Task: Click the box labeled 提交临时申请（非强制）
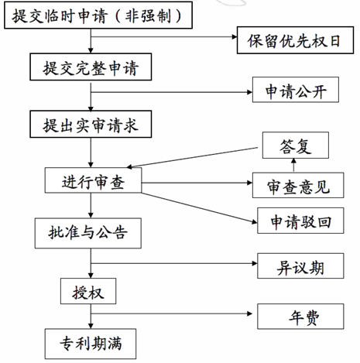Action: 98,15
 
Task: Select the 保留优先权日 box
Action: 295,40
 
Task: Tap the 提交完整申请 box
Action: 91,67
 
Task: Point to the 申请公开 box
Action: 296,90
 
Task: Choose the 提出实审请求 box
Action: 91,124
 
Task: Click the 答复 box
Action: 296,146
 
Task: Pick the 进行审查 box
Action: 93,180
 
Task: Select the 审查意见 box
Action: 298,185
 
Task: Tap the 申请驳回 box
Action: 300,221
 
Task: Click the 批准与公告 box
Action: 88,233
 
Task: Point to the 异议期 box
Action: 300,265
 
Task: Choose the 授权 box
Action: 88,291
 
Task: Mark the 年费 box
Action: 300,317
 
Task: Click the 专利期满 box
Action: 91,344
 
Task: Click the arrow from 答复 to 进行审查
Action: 192,158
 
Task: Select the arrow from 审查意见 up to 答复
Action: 293,165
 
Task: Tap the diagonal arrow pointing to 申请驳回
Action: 199,207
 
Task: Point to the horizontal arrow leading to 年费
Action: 172,313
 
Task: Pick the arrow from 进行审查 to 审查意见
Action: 197,183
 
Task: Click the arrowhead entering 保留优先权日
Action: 235,37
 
